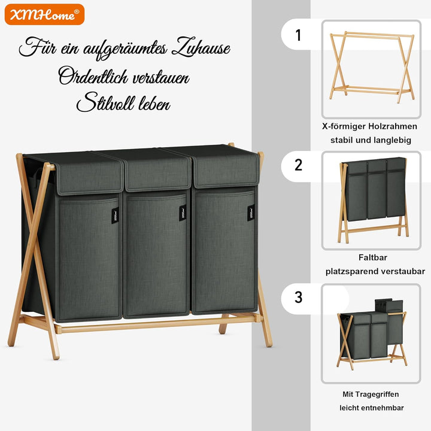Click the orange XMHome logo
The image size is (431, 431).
[x=44, y=14]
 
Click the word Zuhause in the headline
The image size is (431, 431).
[x=201, y=47]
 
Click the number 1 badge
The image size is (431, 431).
[x=298, y=35]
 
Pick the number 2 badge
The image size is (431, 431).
[x=299, y=165]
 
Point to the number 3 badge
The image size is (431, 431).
[x=299, y=298]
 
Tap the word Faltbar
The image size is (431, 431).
[x=373, y=257]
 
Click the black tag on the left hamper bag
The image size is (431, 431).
[x=115, y=215]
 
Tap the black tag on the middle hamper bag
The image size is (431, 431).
[x=183, y=213]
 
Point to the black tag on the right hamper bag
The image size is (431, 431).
[x=251, y=213]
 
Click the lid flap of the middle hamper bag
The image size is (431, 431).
[x=157, y=171]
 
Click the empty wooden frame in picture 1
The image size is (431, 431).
[x=372, y=67]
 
